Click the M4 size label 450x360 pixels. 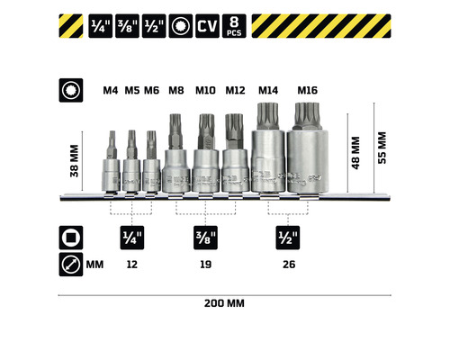pos(111,90)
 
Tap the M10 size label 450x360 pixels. pos(206,90)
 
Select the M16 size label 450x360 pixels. pos(308,90)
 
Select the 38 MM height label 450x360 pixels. pos(76,161)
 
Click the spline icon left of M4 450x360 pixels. pos(68,91)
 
